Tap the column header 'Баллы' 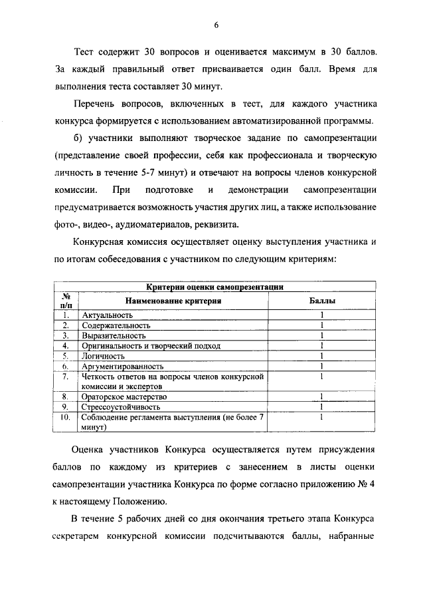pos(322,301)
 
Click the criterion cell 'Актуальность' pos(107,315)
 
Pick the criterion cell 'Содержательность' pos(116,325)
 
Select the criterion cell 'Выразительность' pos(114,336)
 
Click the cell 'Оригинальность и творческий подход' pos(151,346)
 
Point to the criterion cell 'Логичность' pos(103,357)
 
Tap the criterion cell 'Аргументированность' pos(122,367)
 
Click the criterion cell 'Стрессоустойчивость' pos(120,406)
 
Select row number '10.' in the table pos(65,417)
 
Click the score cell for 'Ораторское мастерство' pos(321,396)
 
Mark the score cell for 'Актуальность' pos(321,315)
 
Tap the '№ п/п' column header pos(65,301)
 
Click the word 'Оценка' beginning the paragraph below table pos(90,449)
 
